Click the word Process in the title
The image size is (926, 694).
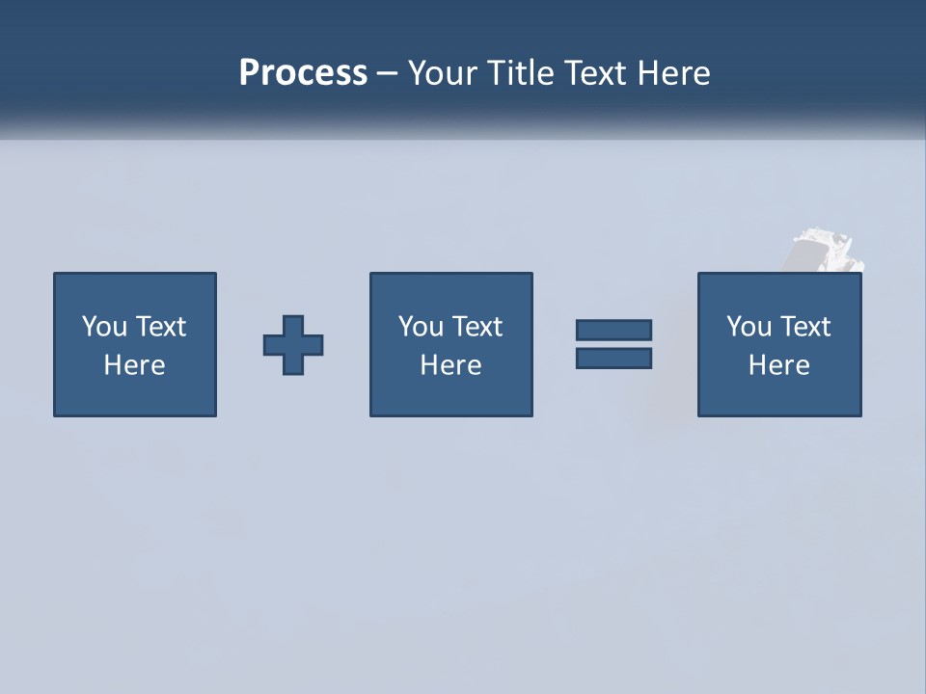pos(303,73)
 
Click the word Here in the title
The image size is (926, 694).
pos(674,73)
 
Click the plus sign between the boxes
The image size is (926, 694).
pos(293,345)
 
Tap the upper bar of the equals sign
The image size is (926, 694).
pos(613,331)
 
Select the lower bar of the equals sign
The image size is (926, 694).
pos(613,359)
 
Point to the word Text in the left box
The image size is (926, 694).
pos(160,327)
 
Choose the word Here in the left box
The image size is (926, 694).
pos(134,365)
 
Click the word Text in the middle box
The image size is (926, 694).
pos(477,327)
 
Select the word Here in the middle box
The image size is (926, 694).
pos(450,365)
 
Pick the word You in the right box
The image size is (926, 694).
pos(749,327)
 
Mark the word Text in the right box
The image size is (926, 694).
pos(804,327)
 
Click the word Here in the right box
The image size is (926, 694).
pos(778,365)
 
